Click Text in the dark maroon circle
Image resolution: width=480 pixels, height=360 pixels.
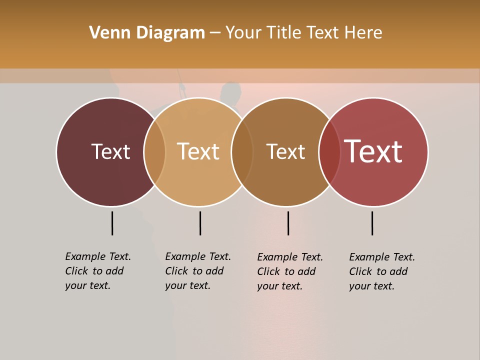(x=110, y=151)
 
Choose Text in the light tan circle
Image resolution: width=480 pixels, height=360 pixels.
(x=198, y=151)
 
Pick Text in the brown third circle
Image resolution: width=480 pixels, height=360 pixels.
(x=285, y=151)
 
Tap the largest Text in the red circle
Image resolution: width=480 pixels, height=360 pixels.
(x=373, y=151)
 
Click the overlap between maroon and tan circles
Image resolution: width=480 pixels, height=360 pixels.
(x=154, y=152)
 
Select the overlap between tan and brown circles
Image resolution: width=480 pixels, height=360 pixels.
(x=242, y=152)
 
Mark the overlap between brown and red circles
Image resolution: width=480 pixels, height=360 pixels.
(x=329, y=152)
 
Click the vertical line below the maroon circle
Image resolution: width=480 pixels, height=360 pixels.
(x=112, y=223)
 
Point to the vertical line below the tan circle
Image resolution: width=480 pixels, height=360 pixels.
(x=200, y=223)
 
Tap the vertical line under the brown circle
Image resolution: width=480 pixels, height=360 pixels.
(x=288, y=223)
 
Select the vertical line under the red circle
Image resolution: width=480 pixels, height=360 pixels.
(x=372, y=223)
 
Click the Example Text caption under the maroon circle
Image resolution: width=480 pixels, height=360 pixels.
(x=98, y=271)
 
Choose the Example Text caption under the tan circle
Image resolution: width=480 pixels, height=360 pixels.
(x=198, y=271)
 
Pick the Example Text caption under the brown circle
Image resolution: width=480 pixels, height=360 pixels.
(x=290, y=271)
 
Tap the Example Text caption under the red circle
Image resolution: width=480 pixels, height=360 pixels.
(x=382, y=271)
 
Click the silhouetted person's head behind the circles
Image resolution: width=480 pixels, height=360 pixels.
(x=230, y=91)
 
